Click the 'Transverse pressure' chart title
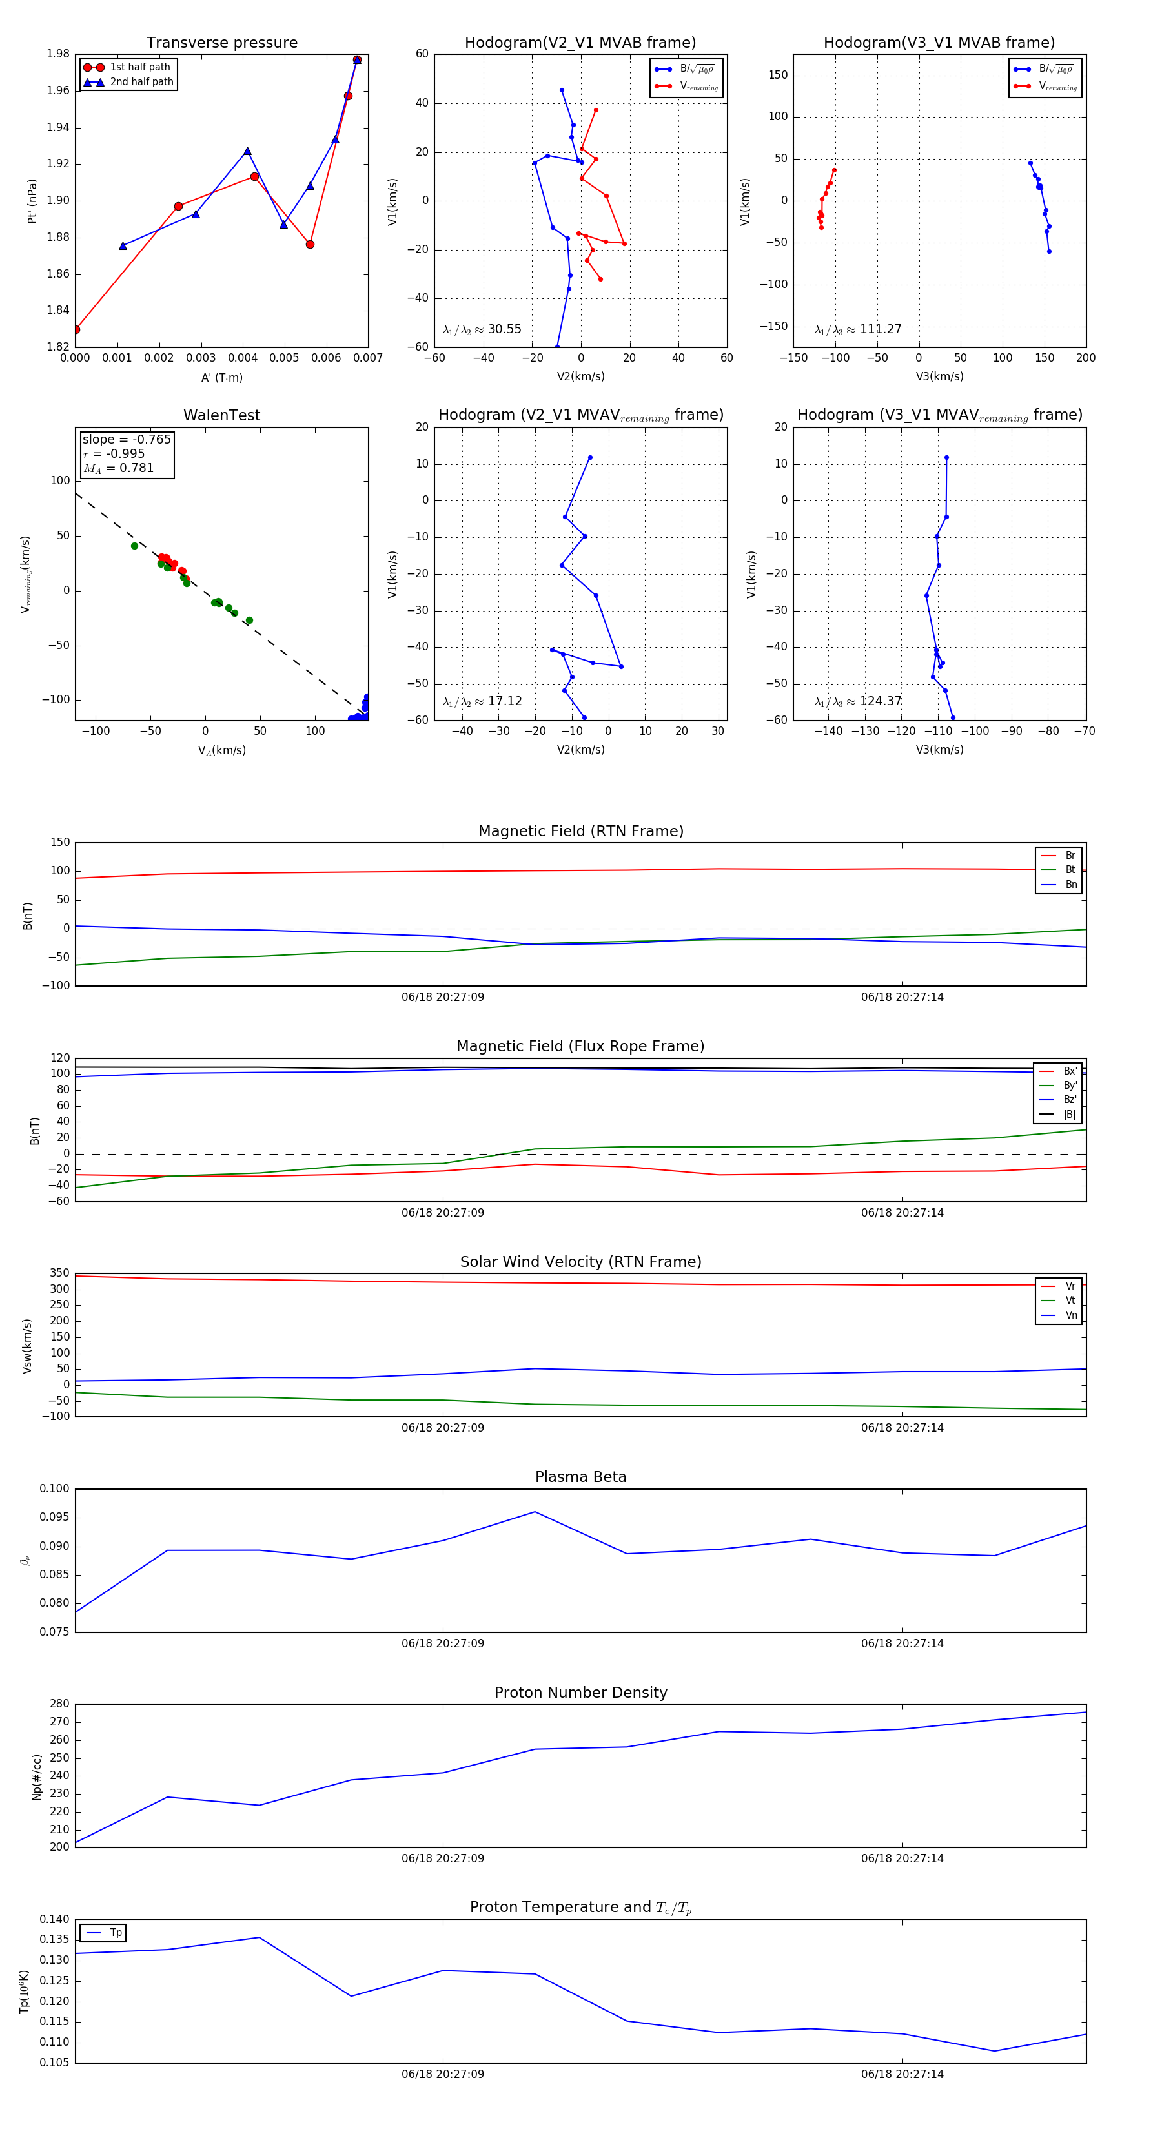221,43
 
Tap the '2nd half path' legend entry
141,82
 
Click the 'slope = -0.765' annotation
127,439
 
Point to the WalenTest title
221,415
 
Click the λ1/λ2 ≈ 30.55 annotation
482,329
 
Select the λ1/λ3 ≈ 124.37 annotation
858,701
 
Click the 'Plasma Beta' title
580,1477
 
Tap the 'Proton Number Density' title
580,1693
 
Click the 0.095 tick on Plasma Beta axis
55,1517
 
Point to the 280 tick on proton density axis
59,1704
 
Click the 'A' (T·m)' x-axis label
221,378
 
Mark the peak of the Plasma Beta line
535,1512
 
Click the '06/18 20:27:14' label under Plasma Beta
901,1643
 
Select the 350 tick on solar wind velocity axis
59,1273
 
